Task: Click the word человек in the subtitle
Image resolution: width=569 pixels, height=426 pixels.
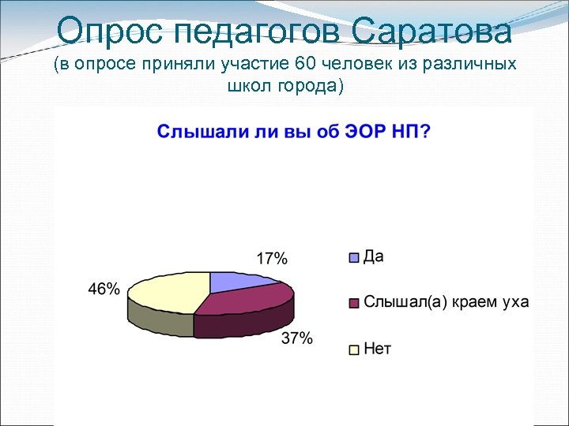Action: (x=355, y=65)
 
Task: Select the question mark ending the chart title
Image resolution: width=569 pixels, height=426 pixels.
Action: (x=426, y=131)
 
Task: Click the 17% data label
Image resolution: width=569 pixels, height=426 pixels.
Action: (x=272, y=259)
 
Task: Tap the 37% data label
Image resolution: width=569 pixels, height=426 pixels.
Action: (x=297, y=339)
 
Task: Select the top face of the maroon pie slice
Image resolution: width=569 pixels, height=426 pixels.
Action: (x=245, y=301)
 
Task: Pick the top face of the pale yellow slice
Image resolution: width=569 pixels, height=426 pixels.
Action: (x=170, y=293)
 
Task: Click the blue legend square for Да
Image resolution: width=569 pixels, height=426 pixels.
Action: (x=355, y=257)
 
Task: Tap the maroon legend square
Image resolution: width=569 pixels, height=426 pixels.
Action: (x=355, y=303)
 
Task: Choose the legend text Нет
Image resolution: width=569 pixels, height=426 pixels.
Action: (x=377, y=348)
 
